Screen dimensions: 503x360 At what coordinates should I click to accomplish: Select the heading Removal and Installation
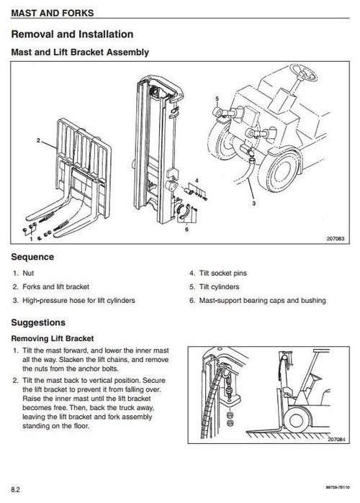click(72, 34)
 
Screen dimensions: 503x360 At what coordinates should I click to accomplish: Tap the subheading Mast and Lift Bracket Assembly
click(80, 52)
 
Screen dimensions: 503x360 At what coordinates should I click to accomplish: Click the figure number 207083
click(336, 237)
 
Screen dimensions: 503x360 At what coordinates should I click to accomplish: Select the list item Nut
click(28, 273)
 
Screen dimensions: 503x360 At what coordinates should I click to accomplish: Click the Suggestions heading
click(42, 322)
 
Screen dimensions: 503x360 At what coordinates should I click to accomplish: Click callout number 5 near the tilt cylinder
click(217, 98)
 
